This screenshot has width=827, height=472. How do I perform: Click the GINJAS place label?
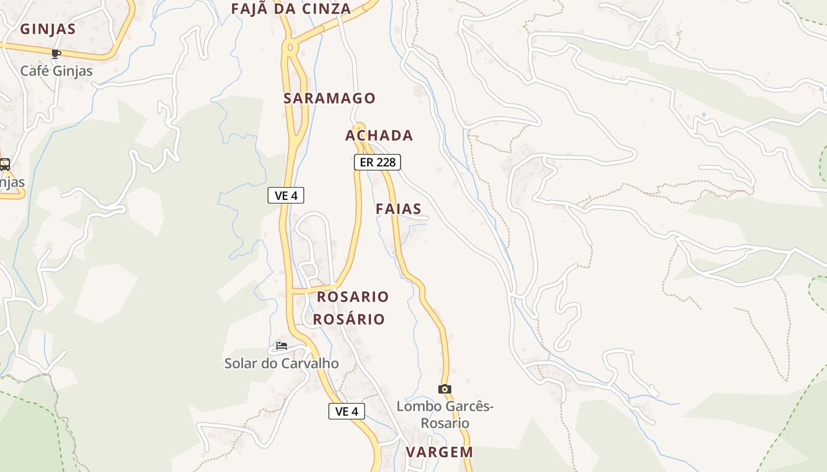(x=48, y=29)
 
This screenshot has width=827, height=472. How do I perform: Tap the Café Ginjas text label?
(x=56, y=71)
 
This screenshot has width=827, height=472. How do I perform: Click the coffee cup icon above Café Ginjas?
(x=56, y=54)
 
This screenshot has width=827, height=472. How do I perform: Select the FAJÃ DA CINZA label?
(x=291, y=9)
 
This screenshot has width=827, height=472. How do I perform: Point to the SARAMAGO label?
(x=329, y=98)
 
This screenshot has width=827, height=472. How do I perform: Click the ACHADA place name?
(x=379, y=135)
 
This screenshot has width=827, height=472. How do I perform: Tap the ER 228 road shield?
(x=377, y=162)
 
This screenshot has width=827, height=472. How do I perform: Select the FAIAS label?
(x=398, y=208)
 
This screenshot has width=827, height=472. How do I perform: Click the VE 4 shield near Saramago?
(x=286, y=195)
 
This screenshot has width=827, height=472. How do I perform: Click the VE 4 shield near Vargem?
(x=346, y=411)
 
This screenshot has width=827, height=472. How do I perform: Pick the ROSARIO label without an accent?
(x=353, y=296)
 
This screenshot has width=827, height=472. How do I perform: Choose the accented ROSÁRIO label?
(x=349, y=319)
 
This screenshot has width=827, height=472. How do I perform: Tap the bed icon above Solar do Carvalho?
(x=281, y=346)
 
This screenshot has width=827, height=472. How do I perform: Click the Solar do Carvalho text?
(x=281, y=363)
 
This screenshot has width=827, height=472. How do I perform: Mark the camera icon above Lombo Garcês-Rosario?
(x=444, y=389)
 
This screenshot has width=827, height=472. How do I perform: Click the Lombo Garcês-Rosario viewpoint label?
(x=444, y=415)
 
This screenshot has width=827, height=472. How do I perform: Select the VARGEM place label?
(x=439, y=452)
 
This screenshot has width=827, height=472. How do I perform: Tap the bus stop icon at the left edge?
(x=4, y=165)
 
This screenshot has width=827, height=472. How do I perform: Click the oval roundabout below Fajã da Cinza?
(x=289, y=47)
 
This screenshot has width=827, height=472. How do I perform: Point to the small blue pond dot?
(x=703, y=114)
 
